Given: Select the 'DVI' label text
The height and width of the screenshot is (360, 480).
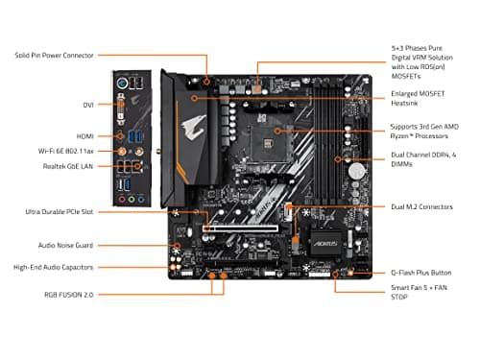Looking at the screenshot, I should (86, 103).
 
